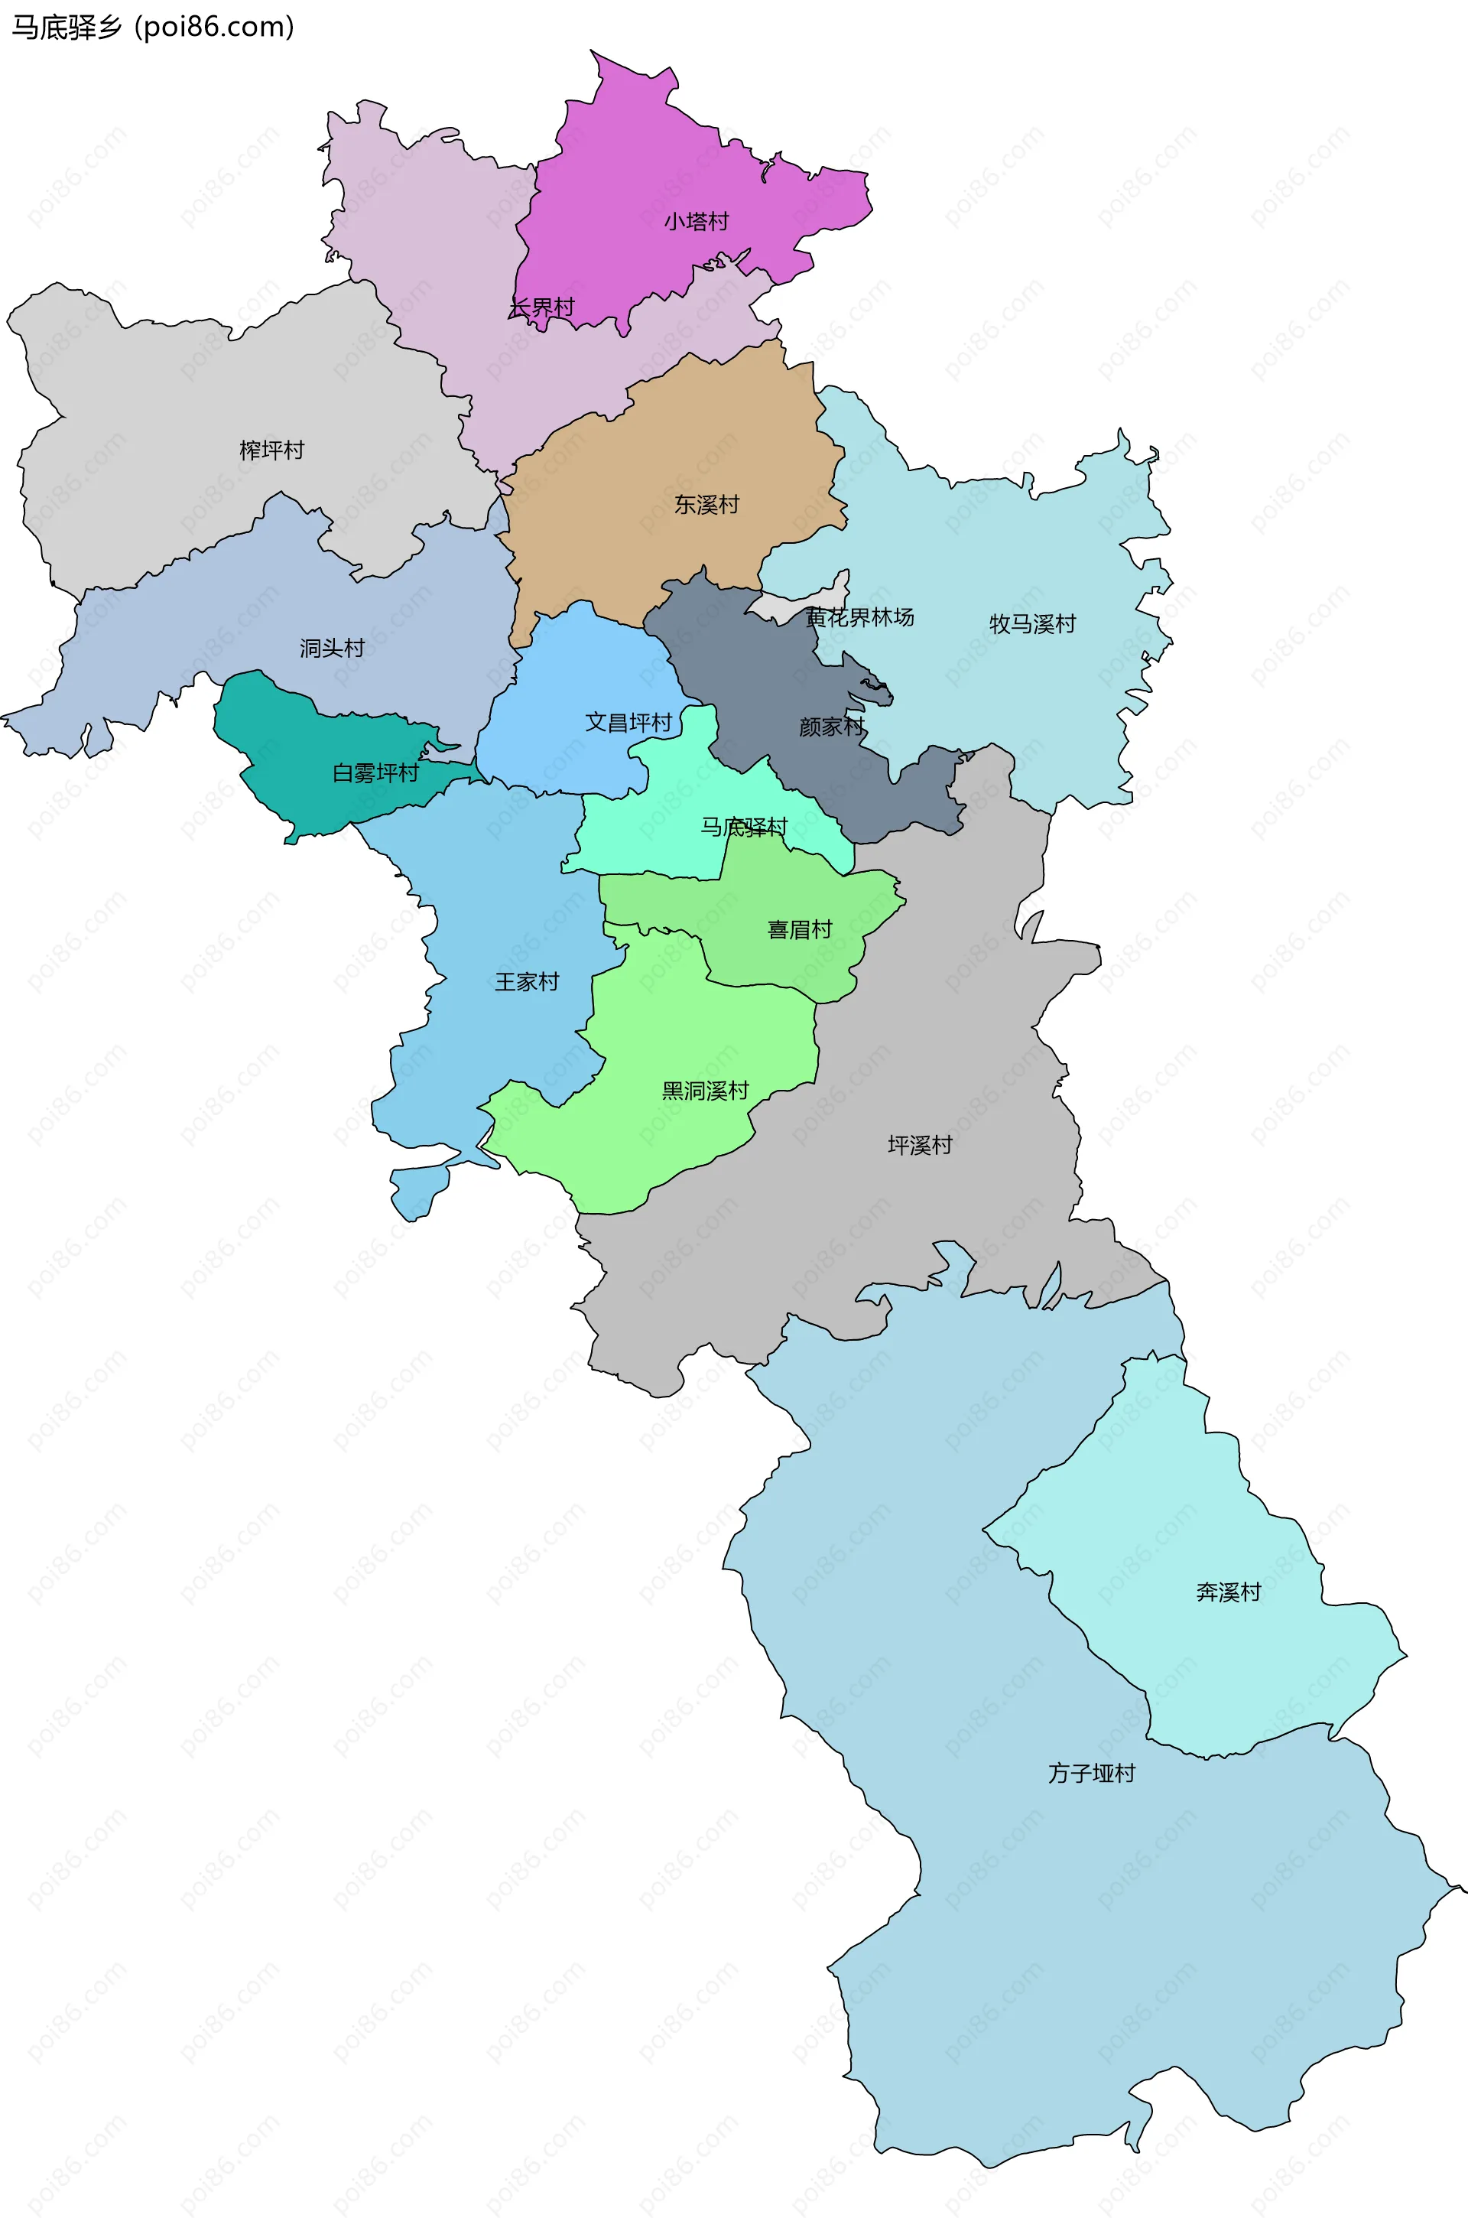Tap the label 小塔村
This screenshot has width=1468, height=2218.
point(696,222)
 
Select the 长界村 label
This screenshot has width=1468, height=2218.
point(542,307)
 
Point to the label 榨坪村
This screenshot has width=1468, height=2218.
point(271,450)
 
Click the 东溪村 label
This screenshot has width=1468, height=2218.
point(706,505)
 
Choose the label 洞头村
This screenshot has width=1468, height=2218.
point(333,648)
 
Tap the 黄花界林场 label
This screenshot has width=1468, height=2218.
point(859,617)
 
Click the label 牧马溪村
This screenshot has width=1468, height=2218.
point(1033,623)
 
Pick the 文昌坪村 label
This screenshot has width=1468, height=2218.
point(628,722)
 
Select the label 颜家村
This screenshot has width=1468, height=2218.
point(831,727)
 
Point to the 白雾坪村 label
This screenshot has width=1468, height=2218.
point(375,772)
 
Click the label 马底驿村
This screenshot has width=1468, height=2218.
point(744,827)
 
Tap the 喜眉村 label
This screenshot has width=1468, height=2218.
point(800,930)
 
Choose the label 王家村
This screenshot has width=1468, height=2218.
point(527,981)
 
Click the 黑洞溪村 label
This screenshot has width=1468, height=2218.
point(705,1091)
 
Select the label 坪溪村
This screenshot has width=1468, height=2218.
point(919,1145)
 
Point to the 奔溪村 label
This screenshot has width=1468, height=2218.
point(1229,1592)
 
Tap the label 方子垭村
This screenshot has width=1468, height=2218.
point(1092,1774)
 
